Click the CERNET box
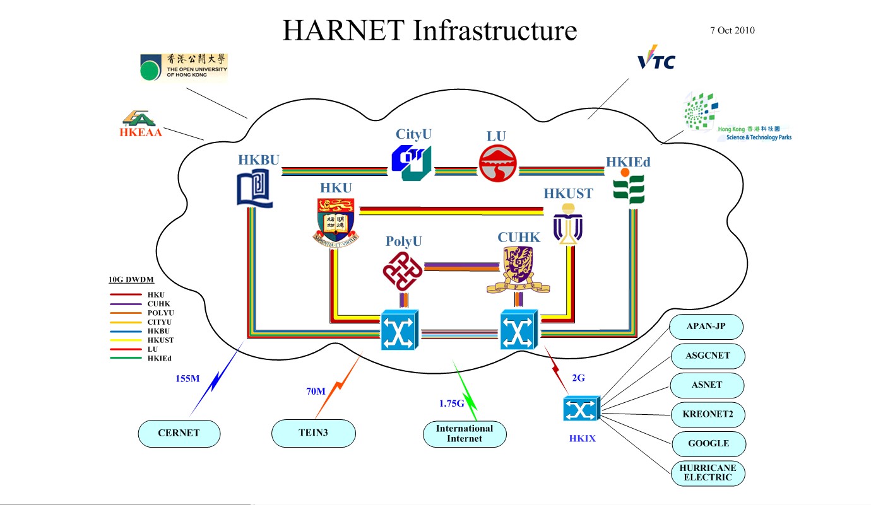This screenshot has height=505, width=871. (x=179, y=433)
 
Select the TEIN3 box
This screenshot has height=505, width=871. (x=313, y=433)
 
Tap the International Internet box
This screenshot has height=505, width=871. (x=465, y=434)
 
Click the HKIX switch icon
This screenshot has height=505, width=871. (x=580, y=410)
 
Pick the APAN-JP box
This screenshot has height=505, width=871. (x=706, y=327)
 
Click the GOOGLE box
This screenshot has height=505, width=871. (x=708, y=443)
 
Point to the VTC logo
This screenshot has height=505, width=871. (x=656, y=59)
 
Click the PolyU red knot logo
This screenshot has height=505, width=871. (x=402, y=270)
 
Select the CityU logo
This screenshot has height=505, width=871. (x=411, y=163)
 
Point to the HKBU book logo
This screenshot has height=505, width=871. (x=255, y=190)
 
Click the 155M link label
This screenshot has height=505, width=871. (x=187, y=379)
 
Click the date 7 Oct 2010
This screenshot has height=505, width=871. (x=732, y=30)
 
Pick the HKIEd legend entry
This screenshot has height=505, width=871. (x=159, y=358)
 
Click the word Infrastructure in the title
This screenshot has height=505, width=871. (x=495, y=30)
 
